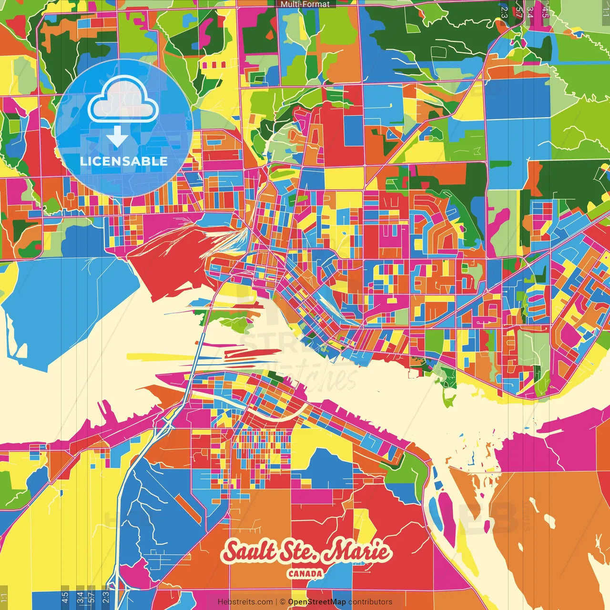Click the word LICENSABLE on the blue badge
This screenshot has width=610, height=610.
(x=124, y=161)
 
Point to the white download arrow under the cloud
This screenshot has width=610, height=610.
(x=117, y=136)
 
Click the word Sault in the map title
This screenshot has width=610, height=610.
(x=250, y=551)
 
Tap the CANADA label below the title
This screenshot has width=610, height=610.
(x=305, y=574)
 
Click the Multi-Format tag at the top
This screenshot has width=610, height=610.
(x=305, y=4)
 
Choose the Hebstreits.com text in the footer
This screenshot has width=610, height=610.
(x=245, y=602)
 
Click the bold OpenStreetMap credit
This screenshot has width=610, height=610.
(x=317, y=602)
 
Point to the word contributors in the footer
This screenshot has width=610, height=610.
(x=370, y=602)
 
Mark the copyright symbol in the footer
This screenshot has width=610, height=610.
(x=283, y=602)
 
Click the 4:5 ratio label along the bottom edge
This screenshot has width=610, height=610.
(x=65, y=597)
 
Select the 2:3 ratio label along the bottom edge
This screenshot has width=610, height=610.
(x=106, y=597)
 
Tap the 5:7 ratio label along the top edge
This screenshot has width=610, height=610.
(x=519, y=12)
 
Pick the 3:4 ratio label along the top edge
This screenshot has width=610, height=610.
(x=530, y=12)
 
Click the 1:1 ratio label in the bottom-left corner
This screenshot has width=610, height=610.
(x=4, y=597)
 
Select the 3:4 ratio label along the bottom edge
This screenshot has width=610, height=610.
(x=80, y=597)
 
